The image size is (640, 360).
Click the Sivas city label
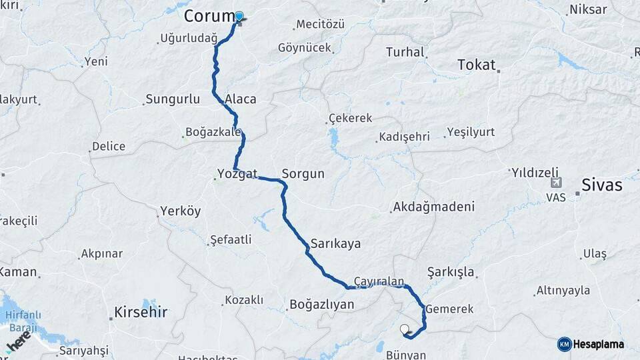tap(602, 185)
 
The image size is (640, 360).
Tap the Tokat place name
tap(477, 65)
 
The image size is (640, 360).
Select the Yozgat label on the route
tap(237, 175)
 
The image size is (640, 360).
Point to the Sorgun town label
tap(303, 174)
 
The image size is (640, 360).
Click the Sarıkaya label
tap(335, 243)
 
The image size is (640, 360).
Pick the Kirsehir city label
tap(141, 311)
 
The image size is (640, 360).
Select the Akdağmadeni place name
tap(434, 207)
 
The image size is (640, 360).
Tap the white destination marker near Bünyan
tap(404, 328)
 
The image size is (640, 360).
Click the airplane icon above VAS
tap(556, 182)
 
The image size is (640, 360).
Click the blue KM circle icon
tap(565, 344)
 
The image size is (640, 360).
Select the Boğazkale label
tap(215, 132)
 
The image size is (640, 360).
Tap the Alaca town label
tap(241, 99)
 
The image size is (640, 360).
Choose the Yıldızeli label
tap(535, 173)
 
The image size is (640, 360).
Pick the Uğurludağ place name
tap(189, 39)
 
